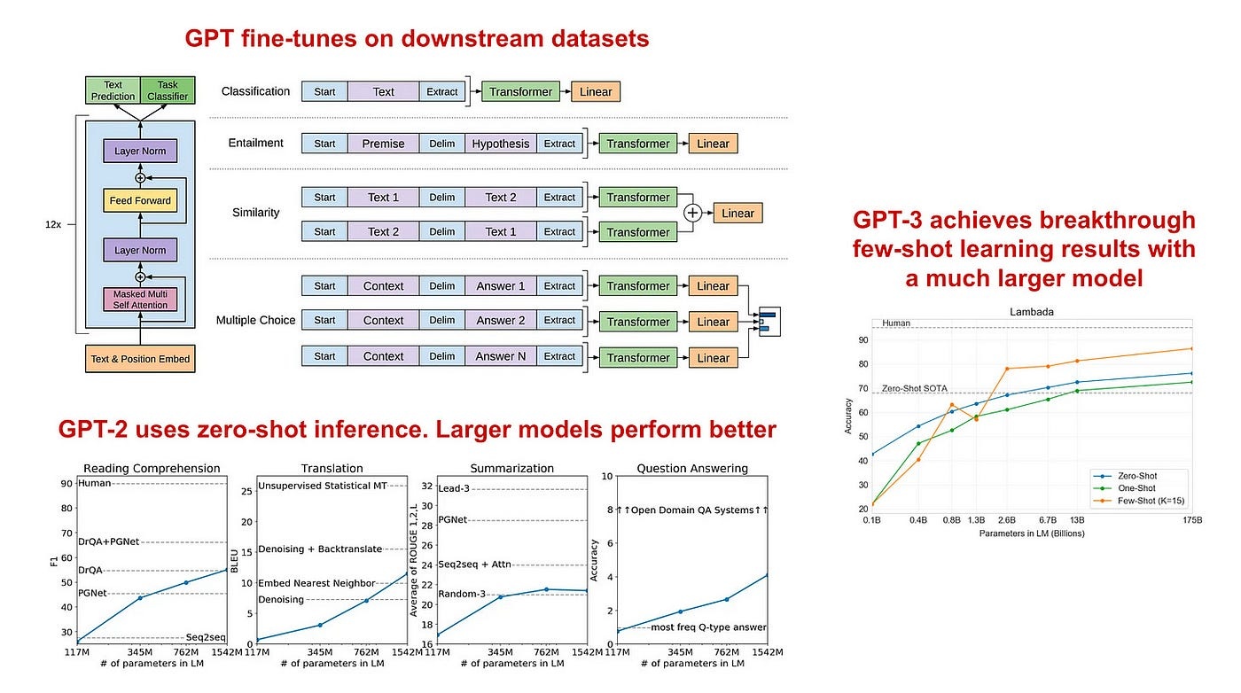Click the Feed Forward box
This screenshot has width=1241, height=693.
(x=140, y=200)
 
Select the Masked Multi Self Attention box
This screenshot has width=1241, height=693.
(x=140, y=300)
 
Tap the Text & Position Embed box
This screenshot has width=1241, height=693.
(x=140, y=358)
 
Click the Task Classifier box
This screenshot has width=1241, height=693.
(x=168, y=90)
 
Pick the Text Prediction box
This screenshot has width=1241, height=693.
(x=113, y=90)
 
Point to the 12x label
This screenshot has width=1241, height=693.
(x=53, y=224)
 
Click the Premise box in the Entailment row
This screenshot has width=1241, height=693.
(x=383, y=144)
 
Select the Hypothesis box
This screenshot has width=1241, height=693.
(x=500, y=144)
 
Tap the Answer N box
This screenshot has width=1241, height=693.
(x=500, y=356)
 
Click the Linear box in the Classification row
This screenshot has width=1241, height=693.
(x=596, y=91)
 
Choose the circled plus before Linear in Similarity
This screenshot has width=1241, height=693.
(x=692, y=213)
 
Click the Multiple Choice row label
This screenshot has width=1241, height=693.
(x=255, y=320)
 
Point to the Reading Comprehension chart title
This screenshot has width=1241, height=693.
(x=152, y=468)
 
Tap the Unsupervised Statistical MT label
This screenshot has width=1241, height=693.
(x=323, y=486)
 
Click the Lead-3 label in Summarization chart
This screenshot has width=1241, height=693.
(x=454, y=488)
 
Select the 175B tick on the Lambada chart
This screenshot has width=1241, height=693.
(x=1192, y=520)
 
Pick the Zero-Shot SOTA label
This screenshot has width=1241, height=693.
(x=915, y=388)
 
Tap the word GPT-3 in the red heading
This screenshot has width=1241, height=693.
(x=887, y=220)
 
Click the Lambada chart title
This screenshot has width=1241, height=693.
(x=1032, y=312)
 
